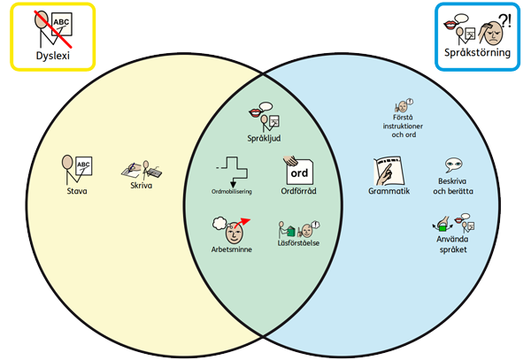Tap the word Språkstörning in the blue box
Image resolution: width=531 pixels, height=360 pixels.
tap(479, 52)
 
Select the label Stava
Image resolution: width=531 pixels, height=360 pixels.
tap(78, 190)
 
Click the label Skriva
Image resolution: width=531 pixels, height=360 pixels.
tap(141, 186)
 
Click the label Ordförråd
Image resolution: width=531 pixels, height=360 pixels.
tap(298, 190)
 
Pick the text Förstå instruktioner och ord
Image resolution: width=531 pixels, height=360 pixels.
tap(403, 126)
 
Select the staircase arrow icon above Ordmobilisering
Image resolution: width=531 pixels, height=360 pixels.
tap(233, 169)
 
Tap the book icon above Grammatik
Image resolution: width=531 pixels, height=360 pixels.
tap(389, 169)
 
